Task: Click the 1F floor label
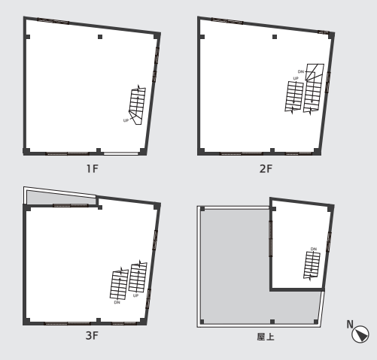coord(92,168)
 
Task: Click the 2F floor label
coord(266,168)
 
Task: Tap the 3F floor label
coord(92,335)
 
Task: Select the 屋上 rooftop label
coord(266,337)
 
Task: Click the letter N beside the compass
coord(350,324)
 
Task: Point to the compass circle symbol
coord(360,334)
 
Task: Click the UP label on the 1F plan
coord(126,120)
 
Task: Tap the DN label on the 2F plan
coord(301,71)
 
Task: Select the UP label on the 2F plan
coord(296,78)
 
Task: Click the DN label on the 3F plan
coord(117,302)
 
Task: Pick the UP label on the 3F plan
coord(135,295)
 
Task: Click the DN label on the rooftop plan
coord(314,249)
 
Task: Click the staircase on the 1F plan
coord(138,105)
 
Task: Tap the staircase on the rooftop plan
coord(312,265)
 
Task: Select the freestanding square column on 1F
coord(100,37)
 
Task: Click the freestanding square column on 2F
coord(275,37)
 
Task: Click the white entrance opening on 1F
coord(121,153)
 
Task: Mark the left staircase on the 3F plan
coord(119,284)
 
